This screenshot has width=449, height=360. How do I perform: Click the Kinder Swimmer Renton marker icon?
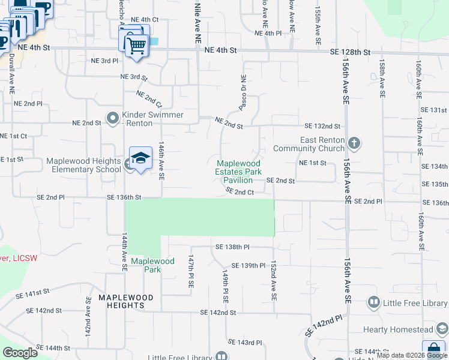coord(112,118)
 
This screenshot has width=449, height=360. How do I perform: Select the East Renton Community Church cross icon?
coord(354,143)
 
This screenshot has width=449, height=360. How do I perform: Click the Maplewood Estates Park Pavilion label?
coord(238,172)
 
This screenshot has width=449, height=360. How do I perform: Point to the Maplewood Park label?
coord(152,265)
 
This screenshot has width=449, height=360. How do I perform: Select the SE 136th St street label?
coord(124,197)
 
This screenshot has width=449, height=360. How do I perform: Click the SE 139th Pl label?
coord(248,265)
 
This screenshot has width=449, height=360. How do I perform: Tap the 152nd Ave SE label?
coord(273,281)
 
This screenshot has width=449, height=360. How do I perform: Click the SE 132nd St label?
coord(322,127)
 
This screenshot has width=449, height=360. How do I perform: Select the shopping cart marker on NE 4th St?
coord(136,44)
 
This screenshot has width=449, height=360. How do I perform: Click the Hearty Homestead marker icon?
coord(442,329)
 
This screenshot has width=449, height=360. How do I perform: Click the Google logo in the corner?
coord(20,353)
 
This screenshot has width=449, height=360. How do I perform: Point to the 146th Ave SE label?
coord(161,161)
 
